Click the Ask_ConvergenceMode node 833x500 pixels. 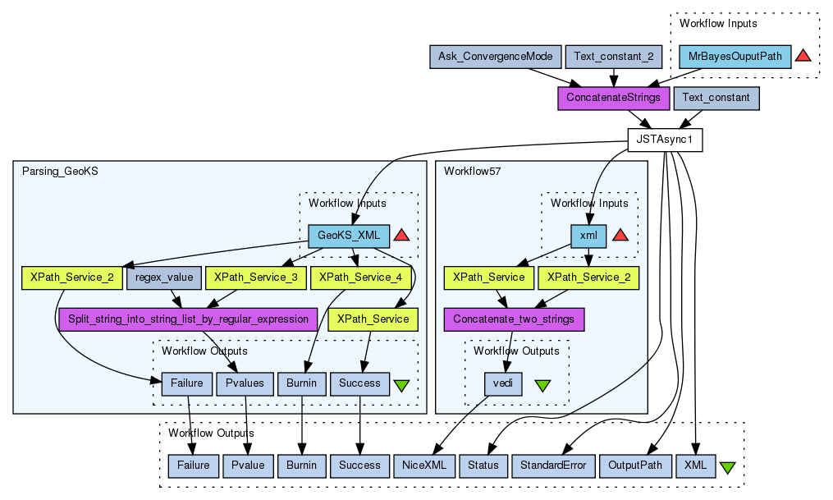tap(496, 57)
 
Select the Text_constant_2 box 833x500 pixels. tap(613, 57)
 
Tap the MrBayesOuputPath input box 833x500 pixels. tap(735, 57)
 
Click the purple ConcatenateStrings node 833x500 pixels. tap(613, 98)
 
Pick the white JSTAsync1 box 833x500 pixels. tap(665, 140)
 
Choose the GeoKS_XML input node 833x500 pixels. tap(349, 236)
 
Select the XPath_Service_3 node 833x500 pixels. tap(255, 278)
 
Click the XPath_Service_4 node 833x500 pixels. tap(360, 278)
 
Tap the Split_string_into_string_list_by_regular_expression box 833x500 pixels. tap(188, 319)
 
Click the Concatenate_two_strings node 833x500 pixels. tap(514, 319)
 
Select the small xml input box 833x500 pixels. tap(588, 236)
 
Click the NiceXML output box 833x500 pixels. tap(423, 466)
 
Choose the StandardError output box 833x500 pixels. tap(554, 466)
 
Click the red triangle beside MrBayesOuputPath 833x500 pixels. tap(803, 56)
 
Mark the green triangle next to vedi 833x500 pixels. tap(542, 384)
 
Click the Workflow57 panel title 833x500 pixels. tap(472, 172)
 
